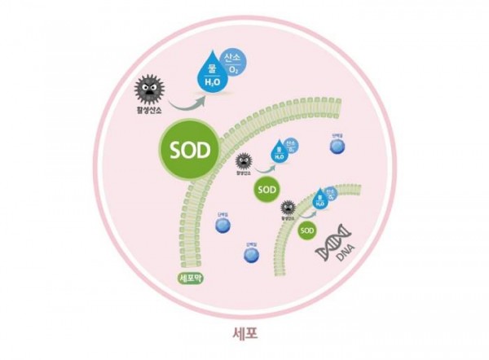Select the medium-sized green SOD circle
point(267,189)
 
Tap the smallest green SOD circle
point(306,230)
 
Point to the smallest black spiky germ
point(288,208)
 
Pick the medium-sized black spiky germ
point(242,160)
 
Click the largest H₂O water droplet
point(212,76)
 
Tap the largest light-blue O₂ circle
point(234,57)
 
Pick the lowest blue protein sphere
point(252,256)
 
